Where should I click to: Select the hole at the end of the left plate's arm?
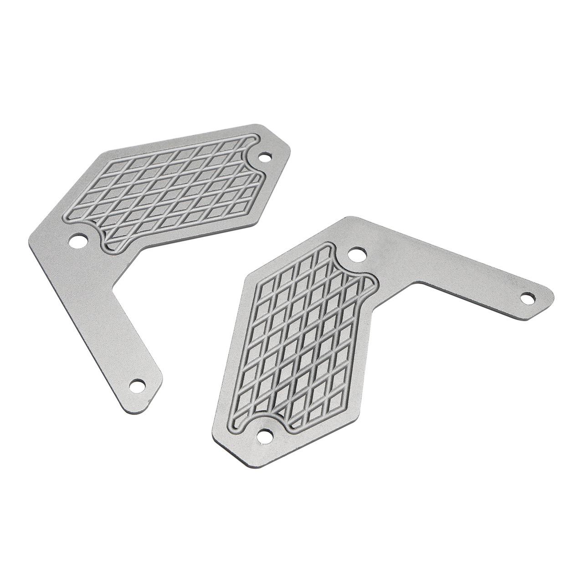137,385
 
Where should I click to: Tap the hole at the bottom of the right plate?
263,435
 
